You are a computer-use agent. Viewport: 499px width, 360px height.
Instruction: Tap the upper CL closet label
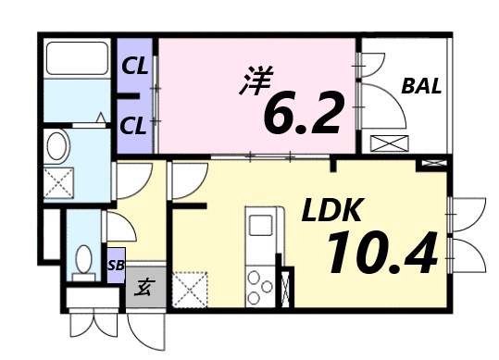tap(135, 66)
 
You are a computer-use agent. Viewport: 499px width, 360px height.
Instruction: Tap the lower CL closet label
tap(135, 126)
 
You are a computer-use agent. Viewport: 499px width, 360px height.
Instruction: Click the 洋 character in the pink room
tap(256, 79)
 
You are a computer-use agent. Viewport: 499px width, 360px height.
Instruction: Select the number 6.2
tap(304, 113)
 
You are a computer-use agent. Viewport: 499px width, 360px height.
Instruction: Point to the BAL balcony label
tap(421, 88)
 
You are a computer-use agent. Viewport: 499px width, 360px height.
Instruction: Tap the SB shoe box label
tap(116, 265)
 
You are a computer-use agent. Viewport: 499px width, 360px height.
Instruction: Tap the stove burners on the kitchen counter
tap(260, 282)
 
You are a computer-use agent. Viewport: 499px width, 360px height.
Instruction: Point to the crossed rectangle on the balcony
tap(388, 144)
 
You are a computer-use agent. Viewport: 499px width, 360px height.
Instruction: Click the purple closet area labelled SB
tap(116, 264)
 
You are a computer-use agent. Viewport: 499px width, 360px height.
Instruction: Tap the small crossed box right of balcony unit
tap(431, 164)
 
